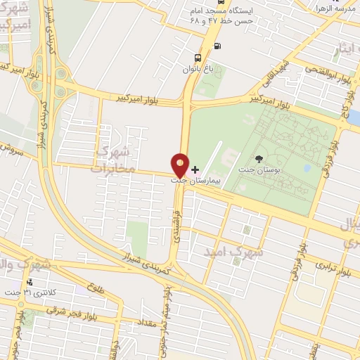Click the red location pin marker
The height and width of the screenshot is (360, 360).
click(180, 164)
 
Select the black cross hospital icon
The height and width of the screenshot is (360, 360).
click(195, 169)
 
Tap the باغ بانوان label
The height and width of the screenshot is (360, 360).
click(198, 68)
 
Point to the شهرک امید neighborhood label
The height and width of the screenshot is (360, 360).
click(233, 250)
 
